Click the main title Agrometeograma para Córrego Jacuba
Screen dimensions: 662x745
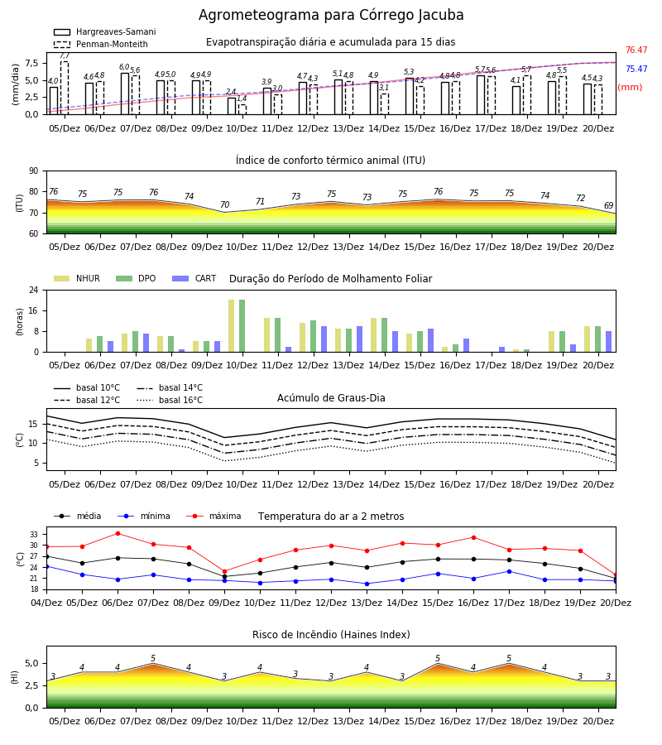[x=331, y=15]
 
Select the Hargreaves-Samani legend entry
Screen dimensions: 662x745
[x=104, y=31]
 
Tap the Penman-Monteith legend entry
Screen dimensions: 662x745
[x=101, y=44]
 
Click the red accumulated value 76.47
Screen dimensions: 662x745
[x=636, y=50]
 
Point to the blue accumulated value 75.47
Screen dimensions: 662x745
[x=636, y=69]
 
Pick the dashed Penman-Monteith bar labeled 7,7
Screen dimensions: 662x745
[x=64, y=88]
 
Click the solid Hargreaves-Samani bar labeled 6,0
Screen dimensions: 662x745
[x=125, y=94]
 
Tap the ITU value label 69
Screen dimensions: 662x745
[x=609, y=205]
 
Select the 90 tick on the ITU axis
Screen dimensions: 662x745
[x=34, y=171]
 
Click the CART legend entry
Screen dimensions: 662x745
[x=194, y=278]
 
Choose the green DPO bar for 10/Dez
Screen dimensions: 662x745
[x=242, y=326]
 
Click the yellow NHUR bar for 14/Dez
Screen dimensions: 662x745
[x=374, y=335]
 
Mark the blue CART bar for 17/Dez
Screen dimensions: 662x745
[x=502, y=349]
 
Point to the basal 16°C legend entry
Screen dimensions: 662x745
[x=170, y=400]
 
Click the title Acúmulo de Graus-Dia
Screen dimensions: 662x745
[x=331, y=397]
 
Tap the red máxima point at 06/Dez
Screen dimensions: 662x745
[x=118, y=534]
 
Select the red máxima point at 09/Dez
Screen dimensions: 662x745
[x=224, y=571]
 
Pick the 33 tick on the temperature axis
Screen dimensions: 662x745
[x=34, y=535]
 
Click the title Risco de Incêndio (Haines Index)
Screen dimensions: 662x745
[x=331, y=634]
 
